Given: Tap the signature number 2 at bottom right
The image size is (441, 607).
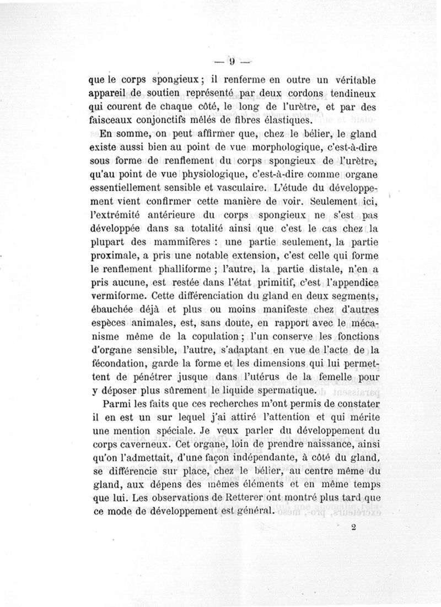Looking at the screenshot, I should point(352,527).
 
